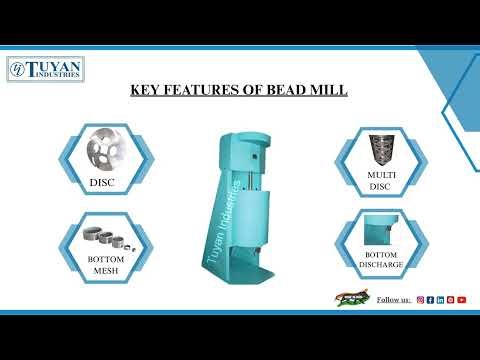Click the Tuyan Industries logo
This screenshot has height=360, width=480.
pyautogui.click(x=46, y=69)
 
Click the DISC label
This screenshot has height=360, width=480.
pyautogui.click(x=103, y=182)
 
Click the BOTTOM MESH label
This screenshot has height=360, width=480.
pyautogui.click(x=104, y=264)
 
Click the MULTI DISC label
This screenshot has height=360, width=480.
pyautogui.click(x=376, y=181)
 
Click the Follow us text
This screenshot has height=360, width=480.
pyautogui.click(x=392, y=299)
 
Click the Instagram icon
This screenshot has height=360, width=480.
pyautogui.click(x=420, y=299)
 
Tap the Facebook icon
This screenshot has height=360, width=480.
pyautogui.click(x=430, y=299)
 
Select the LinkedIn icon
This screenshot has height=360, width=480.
pyautogui.click(x=441, y=299)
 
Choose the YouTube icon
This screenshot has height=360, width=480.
pyautogui.click(x=461, y=299)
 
